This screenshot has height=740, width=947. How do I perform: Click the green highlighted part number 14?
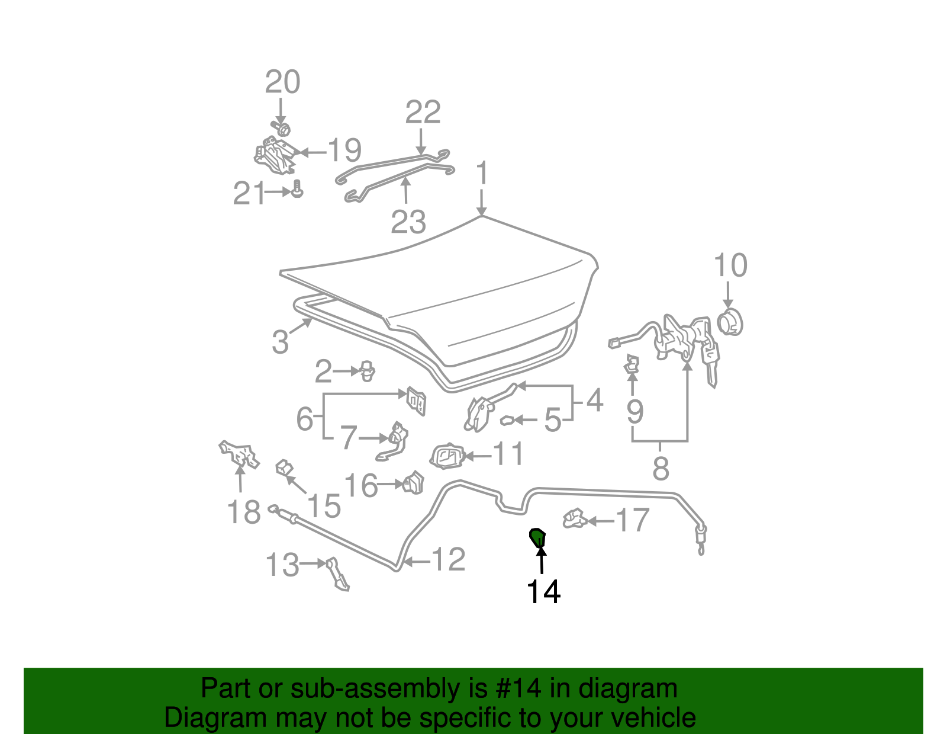[x=537, y=537]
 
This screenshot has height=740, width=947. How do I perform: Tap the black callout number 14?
[x=543, y=592]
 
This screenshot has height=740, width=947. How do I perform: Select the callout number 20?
[x=283, y=82]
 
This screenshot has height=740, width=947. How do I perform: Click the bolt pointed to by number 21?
[x=297, y=189]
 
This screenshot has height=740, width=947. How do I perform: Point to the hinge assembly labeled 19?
[x=275, y=156]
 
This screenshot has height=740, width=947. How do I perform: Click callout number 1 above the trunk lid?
[x=482, y=172]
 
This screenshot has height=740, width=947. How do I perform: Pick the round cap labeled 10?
[x=730, y=323]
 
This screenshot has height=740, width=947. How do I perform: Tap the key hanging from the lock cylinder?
[x=710, y=364]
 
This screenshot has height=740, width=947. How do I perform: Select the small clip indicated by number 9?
[x=632, y=364]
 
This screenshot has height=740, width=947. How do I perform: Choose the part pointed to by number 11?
[x=447, y=457]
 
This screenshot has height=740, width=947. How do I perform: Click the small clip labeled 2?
[x=368, y=371]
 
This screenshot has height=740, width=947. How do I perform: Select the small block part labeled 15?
[x=284, y=468]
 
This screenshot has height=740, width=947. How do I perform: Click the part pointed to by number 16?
[x=413, y=483]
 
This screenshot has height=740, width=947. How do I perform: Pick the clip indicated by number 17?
[x=575, y=518]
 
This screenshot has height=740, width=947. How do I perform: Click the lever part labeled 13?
[x=338, y=574]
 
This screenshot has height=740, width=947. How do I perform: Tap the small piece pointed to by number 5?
[x=507, y=421]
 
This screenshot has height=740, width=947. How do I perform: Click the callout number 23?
[x=408, y=222]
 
